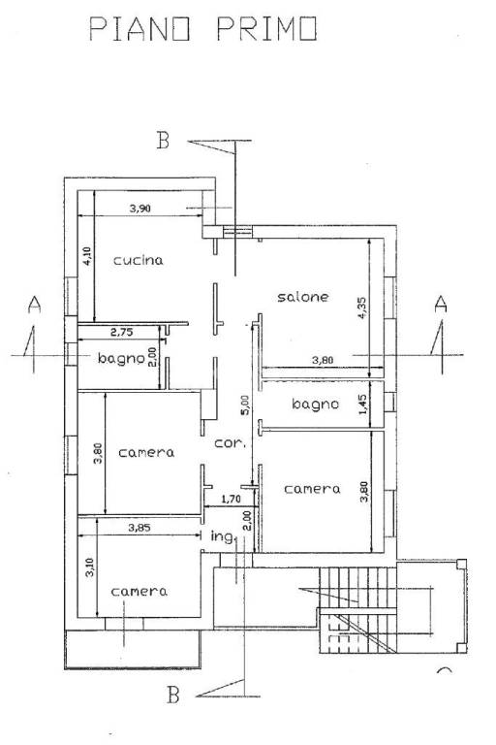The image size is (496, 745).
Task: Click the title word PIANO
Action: [x=140, y=29]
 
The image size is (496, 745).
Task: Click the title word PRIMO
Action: [x=267, y=29]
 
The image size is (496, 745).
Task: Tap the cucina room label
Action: [x=139, y=260]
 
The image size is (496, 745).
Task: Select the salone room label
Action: [x=303, y=297]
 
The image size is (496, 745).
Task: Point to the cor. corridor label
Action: [x=231, y=443]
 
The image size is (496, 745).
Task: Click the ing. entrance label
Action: [x=223, y=536]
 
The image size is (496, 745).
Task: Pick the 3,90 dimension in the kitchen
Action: [x=140, y=208]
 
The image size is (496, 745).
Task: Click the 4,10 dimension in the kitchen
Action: [x=87, y=256]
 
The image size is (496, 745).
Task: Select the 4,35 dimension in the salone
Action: [x=362, y=308]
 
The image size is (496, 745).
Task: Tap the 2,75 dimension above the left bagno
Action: [x=121, y=332]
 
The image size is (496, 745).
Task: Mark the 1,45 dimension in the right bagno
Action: [x=363, y=405]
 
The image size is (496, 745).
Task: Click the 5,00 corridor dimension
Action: [x=245, y=405]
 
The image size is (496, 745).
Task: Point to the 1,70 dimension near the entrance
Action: [x=232, y=499]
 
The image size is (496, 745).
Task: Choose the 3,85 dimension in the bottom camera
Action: [x=139, y=527]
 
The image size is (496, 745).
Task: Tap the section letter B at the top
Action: [x=163, y=140]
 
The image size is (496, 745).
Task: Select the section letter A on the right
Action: [x=441, y=304]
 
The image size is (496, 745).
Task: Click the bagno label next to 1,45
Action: [x=315, y=405]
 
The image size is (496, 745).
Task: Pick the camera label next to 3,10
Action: [x=139, y=592]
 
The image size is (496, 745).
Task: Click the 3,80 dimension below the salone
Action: [x=323, y=360]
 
